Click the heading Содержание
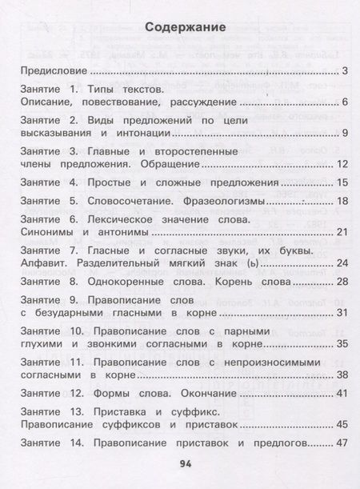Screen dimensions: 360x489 (186, 29)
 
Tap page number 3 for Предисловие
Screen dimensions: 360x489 (343, 73)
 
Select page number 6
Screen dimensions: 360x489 (343, 102)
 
